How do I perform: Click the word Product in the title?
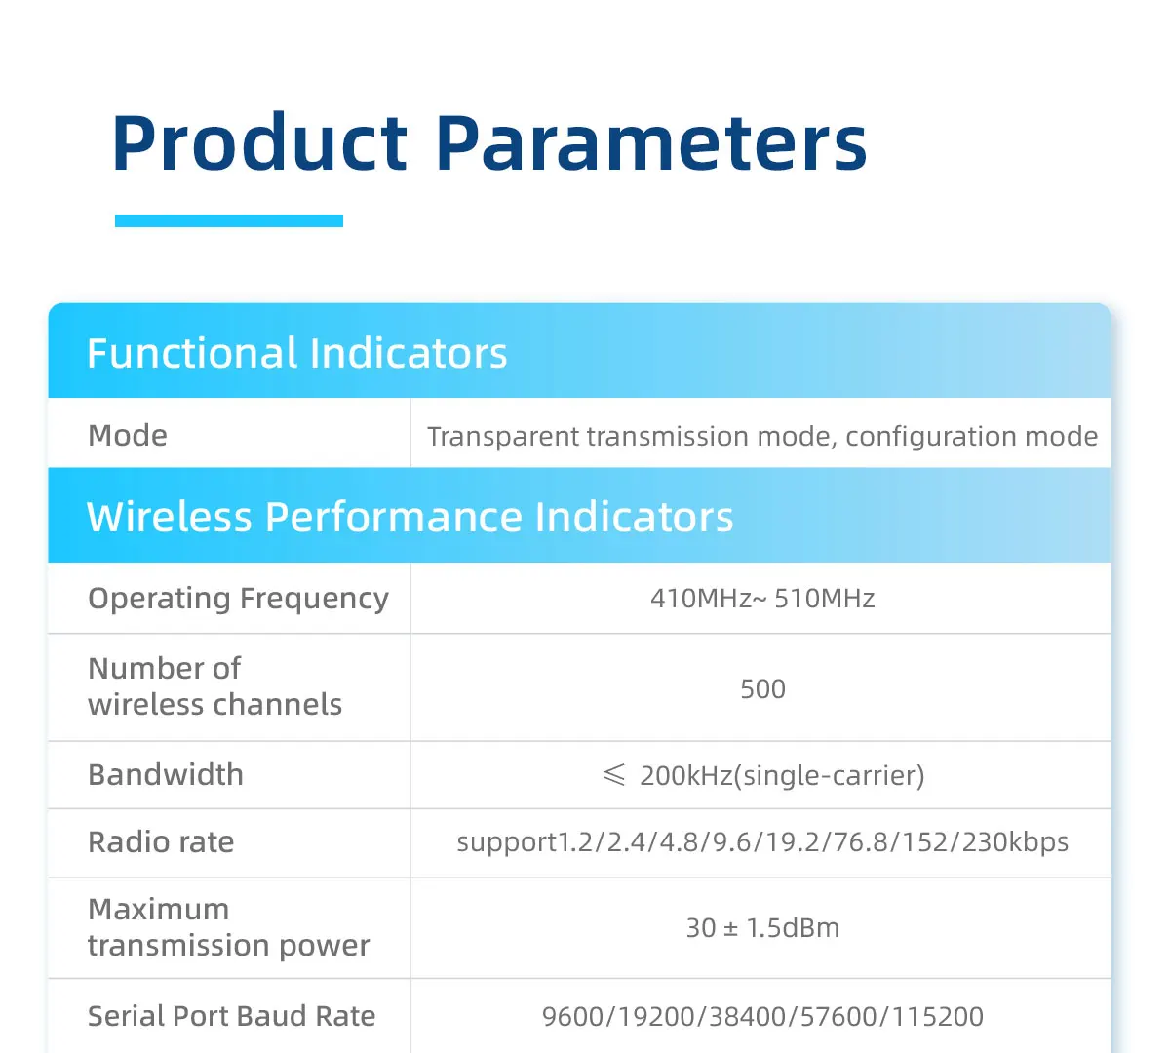(x=259, y=143)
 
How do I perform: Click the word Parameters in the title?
(x=651, y=143)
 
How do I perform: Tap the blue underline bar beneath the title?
(x=228, y=220)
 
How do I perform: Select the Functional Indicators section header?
(x=296, y=353)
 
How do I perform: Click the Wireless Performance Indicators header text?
(x=409, y=517)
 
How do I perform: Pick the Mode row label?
(x=128, y=435)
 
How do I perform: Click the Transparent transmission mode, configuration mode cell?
(x=762, y=437)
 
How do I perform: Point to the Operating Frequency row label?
(x=238, y=599)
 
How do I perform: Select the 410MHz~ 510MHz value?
(x=762, y=599)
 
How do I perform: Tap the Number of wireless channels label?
(x=214, y=686)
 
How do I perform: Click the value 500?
(x=762, y=689)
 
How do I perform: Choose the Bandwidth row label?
(x=166, y=775)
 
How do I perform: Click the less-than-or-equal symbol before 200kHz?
(x=613, y=775)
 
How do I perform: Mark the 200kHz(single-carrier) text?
(x=782, y=776)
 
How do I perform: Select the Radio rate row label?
(x=161, y=841)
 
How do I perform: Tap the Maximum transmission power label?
(x=228, y=927)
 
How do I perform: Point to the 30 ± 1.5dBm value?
(x=762, y=927)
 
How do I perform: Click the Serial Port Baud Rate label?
(x=231, y=1016)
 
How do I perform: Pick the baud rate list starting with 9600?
(x=762, y=1016)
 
